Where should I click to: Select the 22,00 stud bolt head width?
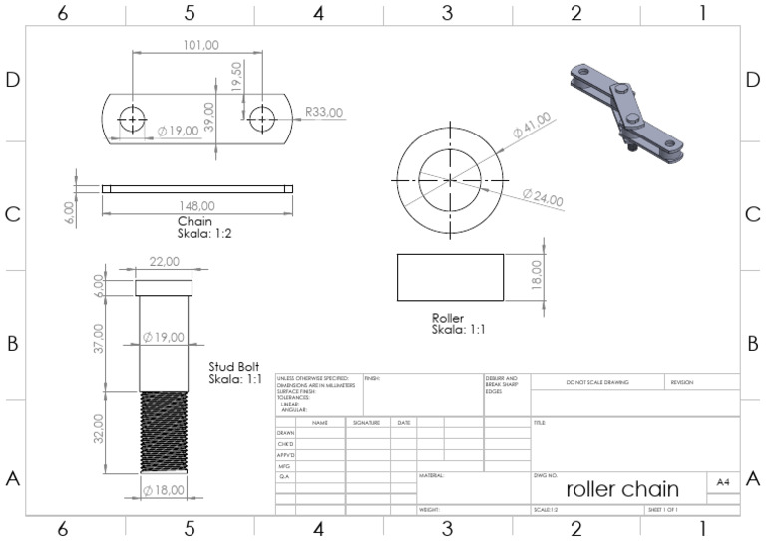(164, 261)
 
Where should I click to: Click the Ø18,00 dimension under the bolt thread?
(164, 490)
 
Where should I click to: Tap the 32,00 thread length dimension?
(99, 430)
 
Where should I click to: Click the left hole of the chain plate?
(133, 118)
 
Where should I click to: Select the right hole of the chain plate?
(262, 118)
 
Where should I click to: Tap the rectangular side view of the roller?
(450, 277)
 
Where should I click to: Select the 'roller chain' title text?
(622, 489)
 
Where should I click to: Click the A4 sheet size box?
(723, 482)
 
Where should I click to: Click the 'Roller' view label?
(447, 317)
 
